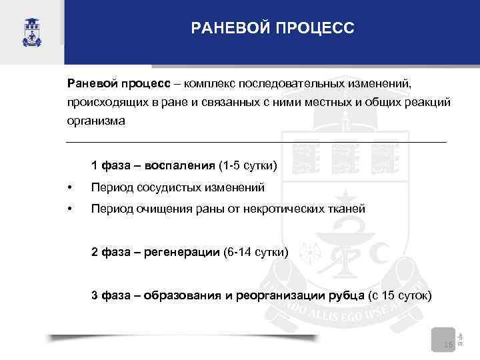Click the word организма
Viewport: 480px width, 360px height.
click(95, 122)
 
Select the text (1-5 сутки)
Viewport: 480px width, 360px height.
click(247, 165)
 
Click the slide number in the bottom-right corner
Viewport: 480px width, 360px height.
click(447, 344)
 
